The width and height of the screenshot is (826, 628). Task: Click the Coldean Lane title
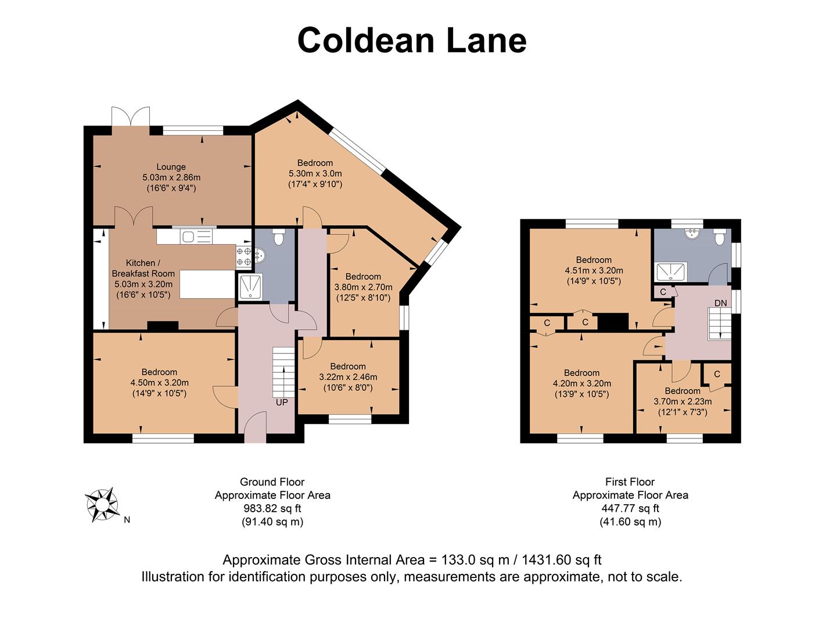pyautogui.click(x=412, y=41)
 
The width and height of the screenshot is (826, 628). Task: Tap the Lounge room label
pyautogui.click(x=171, y=167)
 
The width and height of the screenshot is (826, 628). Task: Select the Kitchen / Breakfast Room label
pyautogui.click(x=143, y=268)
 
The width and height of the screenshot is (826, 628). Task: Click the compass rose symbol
pyautogui.click(x=102, y=504)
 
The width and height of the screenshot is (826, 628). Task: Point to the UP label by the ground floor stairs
pyautogui.click(x=282, y=402)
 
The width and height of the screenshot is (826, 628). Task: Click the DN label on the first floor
pyautogui.click(x=720, y=303)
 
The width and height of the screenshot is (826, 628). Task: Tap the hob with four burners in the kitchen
pyautogui.click(x=244, y=256)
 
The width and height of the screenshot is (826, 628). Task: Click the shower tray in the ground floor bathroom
pyautogui.click(x=250, y=287)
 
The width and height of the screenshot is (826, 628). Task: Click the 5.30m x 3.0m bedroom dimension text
pyautogui.click(x=315, y=173)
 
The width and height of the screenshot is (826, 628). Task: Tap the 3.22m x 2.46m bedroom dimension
pyautogui.click(x=348, y=377)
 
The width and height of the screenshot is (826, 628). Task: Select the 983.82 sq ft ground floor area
pyautogui.click(x=272, y=509)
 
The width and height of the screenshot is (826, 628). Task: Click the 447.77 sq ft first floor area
pyautogui.click(x=630, y=509)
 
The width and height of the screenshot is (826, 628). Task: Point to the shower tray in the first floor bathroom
pyautogui.click(x=671, y=271)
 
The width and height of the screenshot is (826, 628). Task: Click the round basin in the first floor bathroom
pyautogui.click(x=691, y=233)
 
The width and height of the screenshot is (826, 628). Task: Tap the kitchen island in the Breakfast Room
pyautogui.click(x=207, y=284)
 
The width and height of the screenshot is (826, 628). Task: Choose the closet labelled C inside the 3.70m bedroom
pyautogui.click(x=717, y=374)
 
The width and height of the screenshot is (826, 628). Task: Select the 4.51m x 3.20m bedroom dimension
pyautogui.click(x=594, y=270)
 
